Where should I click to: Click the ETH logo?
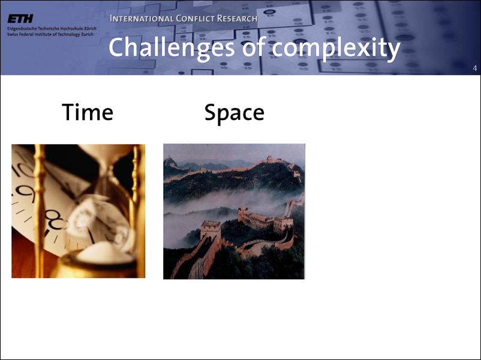[20, 19]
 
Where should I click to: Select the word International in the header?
[142, 19]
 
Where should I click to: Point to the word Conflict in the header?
[195, 19]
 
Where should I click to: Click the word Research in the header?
[237, 19]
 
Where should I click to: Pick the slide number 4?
[475, 68]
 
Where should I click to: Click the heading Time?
[88, 112]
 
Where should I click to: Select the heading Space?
[234, 113]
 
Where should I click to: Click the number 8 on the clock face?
[55, 220]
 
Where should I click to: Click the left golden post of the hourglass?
[39, 211]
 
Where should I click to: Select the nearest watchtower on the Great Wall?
[211, 230]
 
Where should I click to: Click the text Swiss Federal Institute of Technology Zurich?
[50, 34]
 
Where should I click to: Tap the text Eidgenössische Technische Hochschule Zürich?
[52, 29]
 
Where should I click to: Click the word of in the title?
[254, 47]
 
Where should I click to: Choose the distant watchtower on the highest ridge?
[270, 159]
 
